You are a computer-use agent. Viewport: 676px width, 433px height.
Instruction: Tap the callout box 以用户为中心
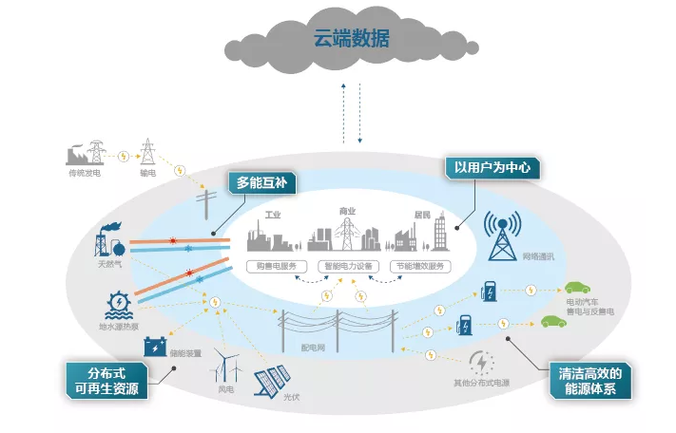(493, 169)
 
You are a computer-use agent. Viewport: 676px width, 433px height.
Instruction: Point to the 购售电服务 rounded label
(277, 266)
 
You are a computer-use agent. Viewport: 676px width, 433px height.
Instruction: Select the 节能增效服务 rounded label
(420, 266)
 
